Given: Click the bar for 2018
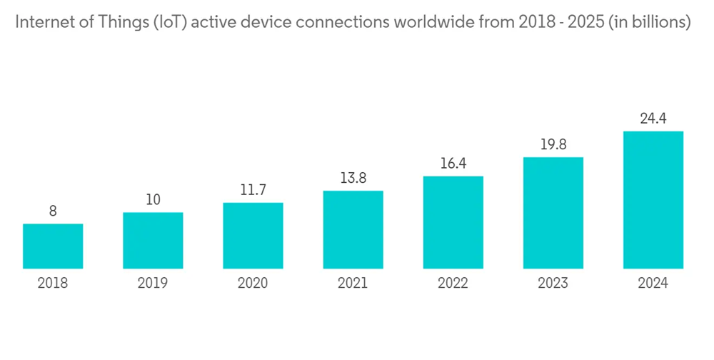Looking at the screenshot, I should coord(53,246).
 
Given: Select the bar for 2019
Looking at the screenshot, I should coord(153,241).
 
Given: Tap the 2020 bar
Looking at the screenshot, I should coord(253,236).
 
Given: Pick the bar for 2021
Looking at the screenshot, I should coord(353,230).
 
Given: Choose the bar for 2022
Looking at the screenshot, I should coord(453,223).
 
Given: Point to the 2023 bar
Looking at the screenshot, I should coord(553,213).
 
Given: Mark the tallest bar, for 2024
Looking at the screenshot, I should coord(653,200).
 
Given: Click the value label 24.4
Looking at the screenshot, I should coord(653,119).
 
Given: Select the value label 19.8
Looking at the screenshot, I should coord(553,145).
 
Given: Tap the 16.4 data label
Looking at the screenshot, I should coord(453,164).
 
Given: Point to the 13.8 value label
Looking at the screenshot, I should coord(353,179).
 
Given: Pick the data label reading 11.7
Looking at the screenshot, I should coord(253,190).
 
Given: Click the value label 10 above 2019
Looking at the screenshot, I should coord(153,200).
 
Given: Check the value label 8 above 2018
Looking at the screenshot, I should coord(53,211).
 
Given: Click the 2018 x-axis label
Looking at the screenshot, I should coord(53,284).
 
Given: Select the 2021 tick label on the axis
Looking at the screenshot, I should coord(353,284).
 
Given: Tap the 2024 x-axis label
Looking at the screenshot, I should coord(653,284).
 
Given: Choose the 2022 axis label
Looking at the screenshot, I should coord(453,284).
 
